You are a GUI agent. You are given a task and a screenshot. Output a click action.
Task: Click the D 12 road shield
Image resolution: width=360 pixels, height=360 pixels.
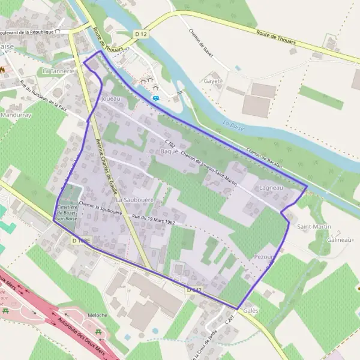click(141, 35)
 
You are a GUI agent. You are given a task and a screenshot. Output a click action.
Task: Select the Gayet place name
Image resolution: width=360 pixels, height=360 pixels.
click(213, 81)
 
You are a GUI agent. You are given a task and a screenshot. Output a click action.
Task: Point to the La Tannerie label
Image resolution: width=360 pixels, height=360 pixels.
click(58, 71)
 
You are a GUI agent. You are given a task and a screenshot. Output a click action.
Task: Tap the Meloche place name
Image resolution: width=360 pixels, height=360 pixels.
click(97, 315)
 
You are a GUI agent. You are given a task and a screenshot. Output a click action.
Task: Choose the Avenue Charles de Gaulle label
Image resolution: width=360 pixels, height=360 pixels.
click(105, 162)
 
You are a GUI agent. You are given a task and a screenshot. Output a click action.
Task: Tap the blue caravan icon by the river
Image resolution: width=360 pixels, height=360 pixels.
click(156, 98)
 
